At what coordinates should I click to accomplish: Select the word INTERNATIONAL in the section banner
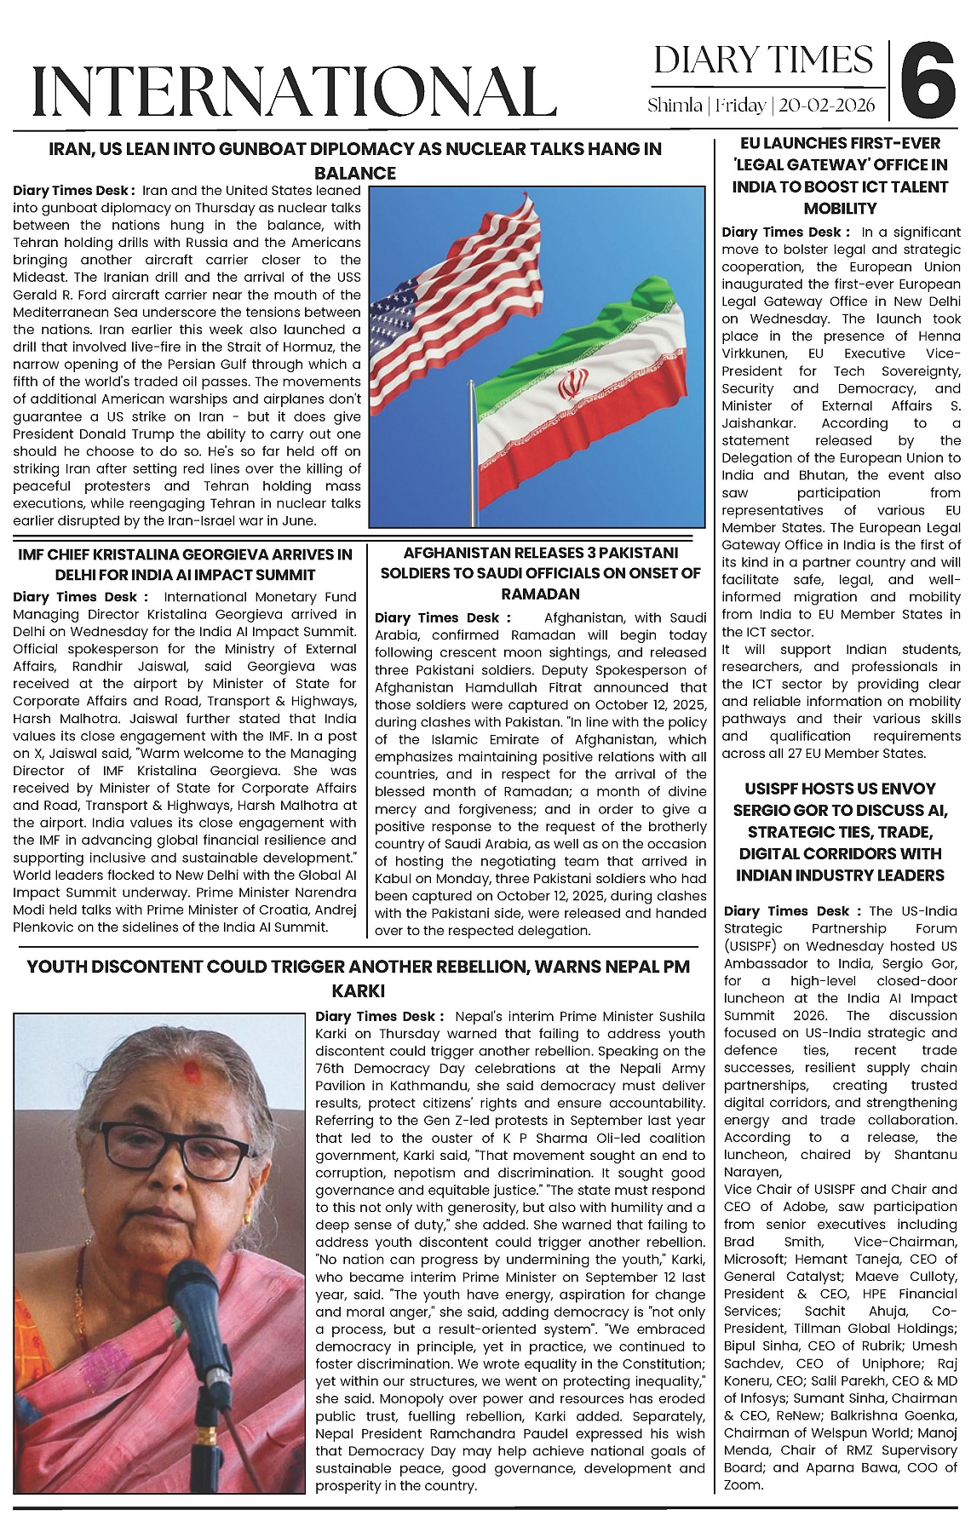294,90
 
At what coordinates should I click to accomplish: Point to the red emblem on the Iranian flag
573,385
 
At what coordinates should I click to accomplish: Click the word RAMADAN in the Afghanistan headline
540,594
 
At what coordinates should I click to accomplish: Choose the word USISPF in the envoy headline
779,789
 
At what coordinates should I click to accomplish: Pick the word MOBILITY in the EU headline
840,209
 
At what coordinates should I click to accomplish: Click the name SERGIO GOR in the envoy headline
778,810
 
